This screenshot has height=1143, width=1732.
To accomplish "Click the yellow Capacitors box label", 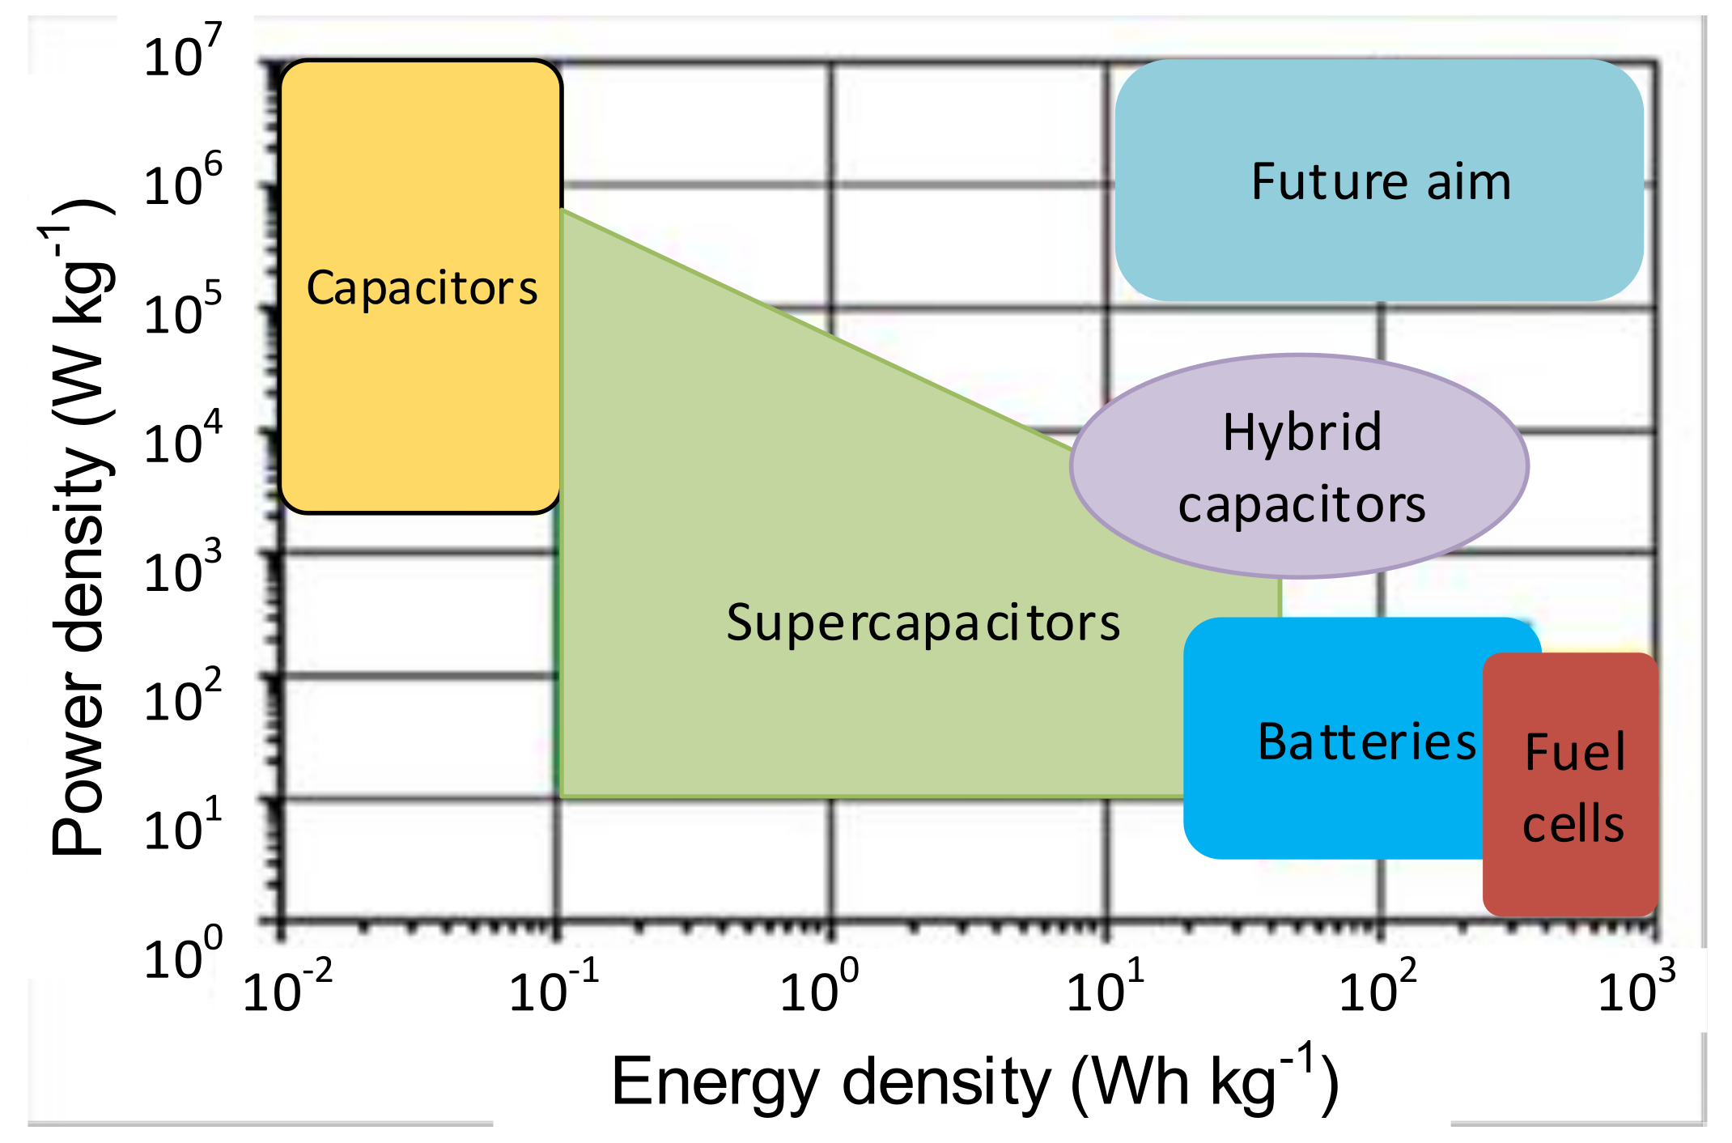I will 422,288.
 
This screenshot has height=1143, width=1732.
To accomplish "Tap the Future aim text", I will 1381,181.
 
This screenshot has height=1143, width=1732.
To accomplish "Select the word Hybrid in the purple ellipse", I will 1301,433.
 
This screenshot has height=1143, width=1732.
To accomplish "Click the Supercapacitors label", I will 923,622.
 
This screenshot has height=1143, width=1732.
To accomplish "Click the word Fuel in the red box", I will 1574,752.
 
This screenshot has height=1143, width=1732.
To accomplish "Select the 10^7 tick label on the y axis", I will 181,53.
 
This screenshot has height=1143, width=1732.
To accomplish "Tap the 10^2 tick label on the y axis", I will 181,697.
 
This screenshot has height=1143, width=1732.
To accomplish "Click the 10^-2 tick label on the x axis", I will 287,988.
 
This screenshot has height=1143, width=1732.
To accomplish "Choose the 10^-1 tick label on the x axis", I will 554,988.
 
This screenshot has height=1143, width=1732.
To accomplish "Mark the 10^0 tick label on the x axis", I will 818,988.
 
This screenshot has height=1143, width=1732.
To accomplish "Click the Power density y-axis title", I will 81,526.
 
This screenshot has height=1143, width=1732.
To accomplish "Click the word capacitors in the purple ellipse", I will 1301,505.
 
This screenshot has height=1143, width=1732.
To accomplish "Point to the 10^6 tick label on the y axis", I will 181,181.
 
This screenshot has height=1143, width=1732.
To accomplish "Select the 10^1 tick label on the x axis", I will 1105,988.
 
